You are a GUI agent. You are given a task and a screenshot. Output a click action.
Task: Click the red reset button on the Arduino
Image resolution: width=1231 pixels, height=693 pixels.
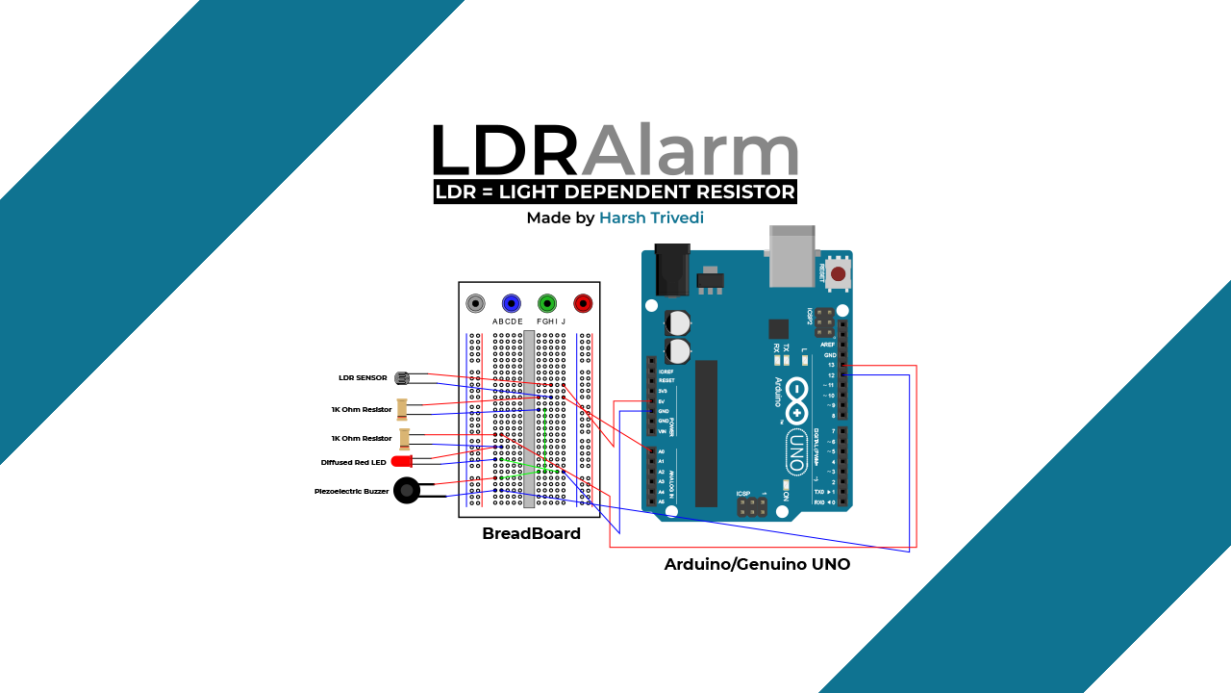pyautogui.click(x=838, y=274)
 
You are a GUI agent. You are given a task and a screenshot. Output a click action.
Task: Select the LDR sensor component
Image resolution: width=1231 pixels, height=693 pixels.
pyautogui.click(x=402, y=378)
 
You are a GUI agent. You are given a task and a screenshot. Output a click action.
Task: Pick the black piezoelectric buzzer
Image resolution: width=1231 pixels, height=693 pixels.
pyautogui.click(x=407, y=491)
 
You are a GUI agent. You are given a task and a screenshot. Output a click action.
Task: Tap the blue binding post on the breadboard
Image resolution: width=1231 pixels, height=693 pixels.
pyautogui.click(x=511, y=304)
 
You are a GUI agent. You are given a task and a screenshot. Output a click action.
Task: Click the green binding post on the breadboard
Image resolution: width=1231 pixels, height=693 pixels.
pyautogui.click(x=547, y=304)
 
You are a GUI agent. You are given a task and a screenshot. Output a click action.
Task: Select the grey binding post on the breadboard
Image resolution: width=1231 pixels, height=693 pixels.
pyautogui.click(x=475, y=304)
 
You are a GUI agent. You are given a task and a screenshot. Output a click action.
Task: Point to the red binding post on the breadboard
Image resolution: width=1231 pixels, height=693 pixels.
pyautogui.click(x=583, y=304)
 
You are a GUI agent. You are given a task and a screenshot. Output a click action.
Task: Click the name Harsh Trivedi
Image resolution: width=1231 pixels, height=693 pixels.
pyautogui.click(x=651, y=218)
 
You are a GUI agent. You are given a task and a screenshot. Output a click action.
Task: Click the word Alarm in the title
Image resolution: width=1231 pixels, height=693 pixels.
pyautogui.click(x=690, y=151)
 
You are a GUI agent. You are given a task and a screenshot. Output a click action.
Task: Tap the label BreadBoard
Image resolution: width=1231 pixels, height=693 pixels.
pyautogui.click(x=531, y=534)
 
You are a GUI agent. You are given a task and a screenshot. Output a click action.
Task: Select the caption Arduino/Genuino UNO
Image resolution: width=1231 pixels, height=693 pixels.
pyautogui.click(x=757, y=565)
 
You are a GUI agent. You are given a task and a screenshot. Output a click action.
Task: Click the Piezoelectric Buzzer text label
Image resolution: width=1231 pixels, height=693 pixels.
pyautogui.click(x=351, y=492)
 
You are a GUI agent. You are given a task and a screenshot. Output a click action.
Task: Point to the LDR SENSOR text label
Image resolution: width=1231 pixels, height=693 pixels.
pyautogui.click(x=363, y=378)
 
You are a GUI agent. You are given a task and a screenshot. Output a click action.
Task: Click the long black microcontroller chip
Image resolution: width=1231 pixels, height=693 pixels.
pyautogui.click(x=706, y=432)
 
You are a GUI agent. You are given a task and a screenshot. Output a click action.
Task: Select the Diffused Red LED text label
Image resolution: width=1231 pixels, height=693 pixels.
pyautogui.click(x=353, y=463)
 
